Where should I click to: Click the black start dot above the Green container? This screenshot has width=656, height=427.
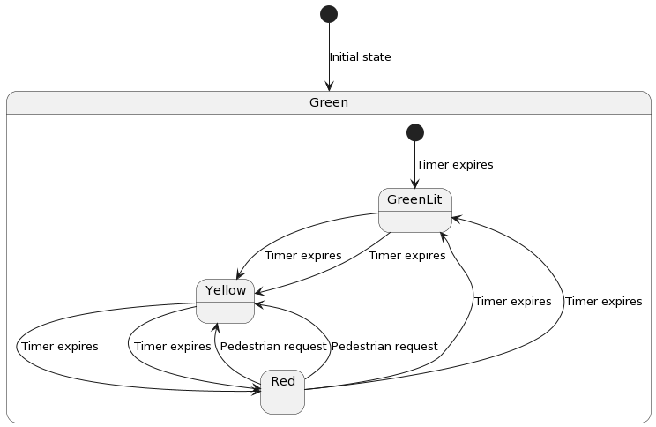tap(329, 13)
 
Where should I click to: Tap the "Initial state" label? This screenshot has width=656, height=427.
tap(360, 57)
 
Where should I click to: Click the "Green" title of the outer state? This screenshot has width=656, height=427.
tap(329, 102)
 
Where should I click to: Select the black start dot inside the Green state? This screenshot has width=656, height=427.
tap(414, 132)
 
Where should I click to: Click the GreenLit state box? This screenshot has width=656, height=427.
tap(414, 210)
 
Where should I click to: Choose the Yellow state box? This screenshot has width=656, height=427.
tap(225, 301)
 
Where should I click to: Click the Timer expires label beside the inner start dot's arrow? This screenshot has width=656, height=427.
tap(454, 165)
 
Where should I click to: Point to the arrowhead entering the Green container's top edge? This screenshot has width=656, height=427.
tap(329, 86)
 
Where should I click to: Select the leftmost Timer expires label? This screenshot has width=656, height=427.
tap(59, 347)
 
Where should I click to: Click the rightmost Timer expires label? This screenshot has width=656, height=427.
tap(603, 302)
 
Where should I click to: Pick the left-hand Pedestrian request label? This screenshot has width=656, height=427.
tap(272, 347)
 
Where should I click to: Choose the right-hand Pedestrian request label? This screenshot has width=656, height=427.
tap(384, 347)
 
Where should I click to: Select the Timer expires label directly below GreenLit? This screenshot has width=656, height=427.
tap(406, 256)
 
